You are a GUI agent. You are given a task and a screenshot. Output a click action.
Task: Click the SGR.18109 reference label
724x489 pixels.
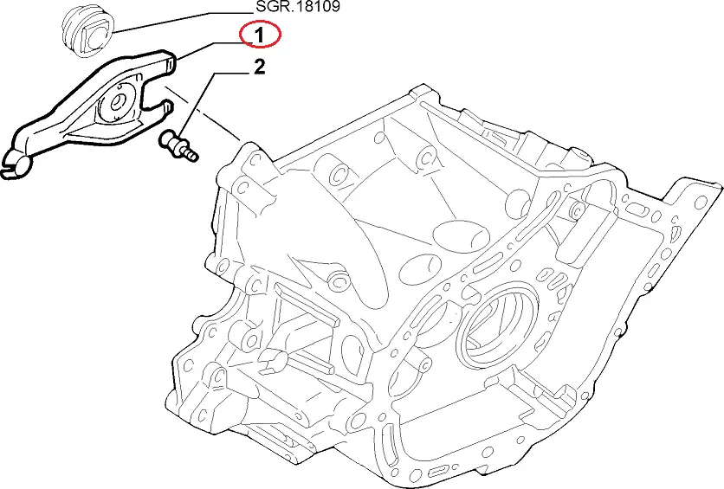coord(298,6)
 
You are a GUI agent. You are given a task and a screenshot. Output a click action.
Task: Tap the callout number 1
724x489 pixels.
coord(260,35)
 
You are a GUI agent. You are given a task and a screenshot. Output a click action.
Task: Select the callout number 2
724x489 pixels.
coord(260,68)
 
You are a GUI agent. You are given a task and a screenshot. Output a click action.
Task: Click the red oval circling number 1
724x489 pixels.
coord(260,35)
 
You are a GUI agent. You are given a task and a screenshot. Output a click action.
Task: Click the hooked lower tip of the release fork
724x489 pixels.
coord(14,169)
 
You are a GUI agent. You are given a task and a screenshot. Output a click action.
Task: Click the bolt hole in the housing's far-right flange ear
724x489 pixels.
coord(701,201)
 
